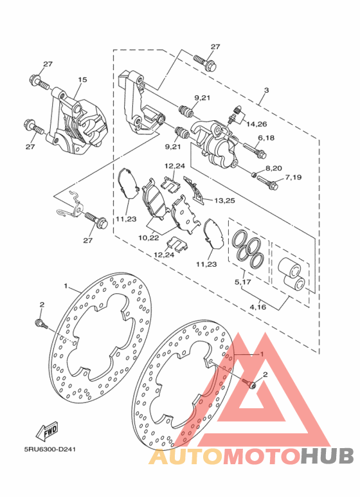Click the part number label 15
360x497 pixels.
82,80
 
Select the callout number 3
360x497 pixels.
266,90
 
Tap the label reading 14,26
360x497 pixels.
256,124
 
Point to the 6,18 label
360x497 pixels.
266,138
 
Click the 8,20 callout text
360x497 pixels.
274,168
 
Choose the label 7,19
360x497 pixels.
293,177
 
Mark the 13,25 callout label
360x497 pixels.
225,201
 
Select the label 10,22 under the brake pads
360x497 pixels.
148,238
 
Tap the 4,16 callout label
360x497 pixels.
258,307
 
